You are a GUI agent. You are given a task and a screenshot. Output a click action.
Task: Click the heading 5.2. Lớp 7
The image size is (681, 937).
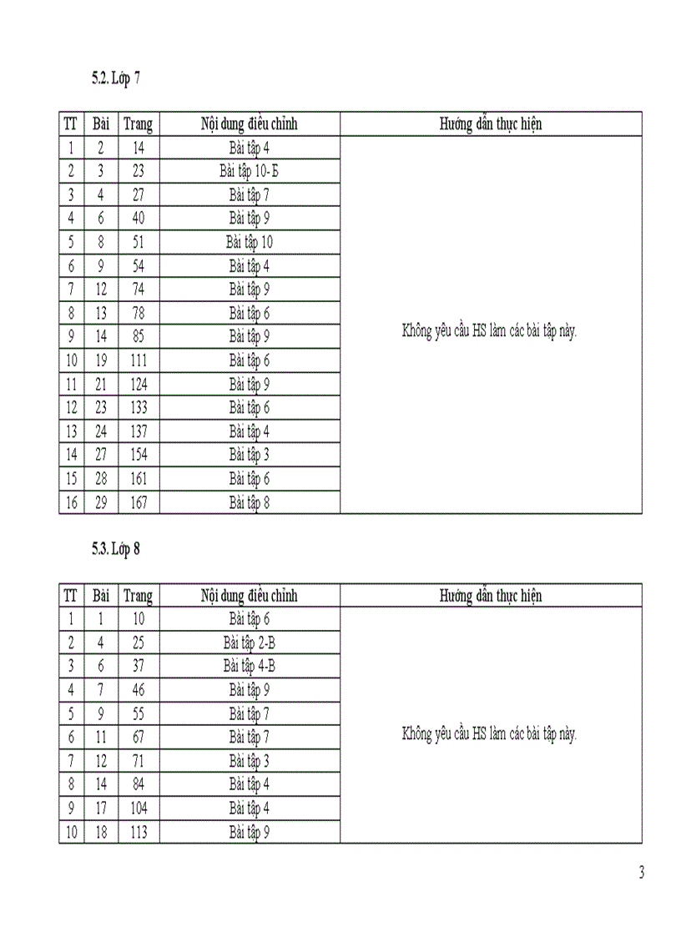(116, 79)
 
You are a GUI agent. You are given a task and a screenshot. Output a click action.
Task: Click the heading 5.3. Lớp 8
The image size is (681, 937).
(116, 550)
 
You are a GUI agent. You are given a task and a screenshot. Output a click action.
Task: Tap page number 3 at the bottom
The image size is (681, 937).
(641, 874)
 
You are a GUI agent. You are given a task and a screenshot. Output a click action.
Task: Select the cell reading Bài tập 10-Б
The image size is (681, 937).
(250, 172)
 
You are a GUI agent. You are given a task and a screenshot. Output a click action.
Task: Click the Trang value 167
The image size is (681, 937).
(139, 502)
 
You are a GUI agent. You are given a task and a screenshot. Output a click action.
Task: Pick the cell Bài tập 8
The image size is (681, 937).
(250, 502)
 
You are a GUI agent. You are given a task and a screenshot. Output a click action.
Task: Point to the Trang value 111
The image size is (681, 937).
(139, 360)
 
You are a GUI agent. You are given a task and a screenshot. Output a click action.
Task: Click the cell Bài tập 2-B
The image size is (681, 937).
(250, 643)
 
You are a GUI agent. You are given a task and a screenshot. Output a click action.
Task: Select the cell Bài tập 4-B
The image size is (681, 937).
(250, 667)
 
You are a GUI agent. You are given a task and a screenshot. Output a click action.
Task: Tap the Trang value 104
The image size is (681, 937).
(139, 809)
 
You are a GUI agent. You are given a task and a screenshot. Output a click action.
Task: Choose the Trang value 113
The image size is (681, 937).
(139, 832)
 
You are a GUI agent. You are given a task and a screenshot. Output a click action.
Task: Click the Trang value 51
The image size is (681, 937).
(139, 243)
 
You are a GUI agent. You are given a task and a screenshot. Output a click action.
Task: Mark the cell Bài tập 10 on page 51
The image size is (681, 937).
(250, 243)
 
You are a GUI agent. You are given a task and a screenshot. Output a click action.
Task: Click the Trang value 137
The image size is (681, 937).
(139, 431)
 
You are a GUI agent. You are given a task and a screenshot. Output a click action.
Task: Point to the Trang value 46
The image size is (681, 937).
(139, 690)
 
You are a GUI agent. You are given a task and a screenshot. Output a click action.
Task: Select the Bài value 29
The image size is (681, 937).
(101, 502)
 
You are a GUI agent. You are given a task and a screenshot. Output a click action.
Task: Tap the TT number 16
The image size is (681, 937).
(71, 502)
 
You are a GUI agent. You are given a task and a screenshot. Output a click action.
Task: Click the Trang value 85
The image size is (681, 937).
(139, 337)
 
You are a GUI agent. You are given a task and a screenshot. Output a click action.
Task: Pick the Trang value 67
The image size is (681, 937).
(139, 738)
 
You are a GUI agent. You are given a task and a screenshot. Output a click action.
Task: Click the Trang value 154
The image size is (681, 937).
(139, 455)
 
